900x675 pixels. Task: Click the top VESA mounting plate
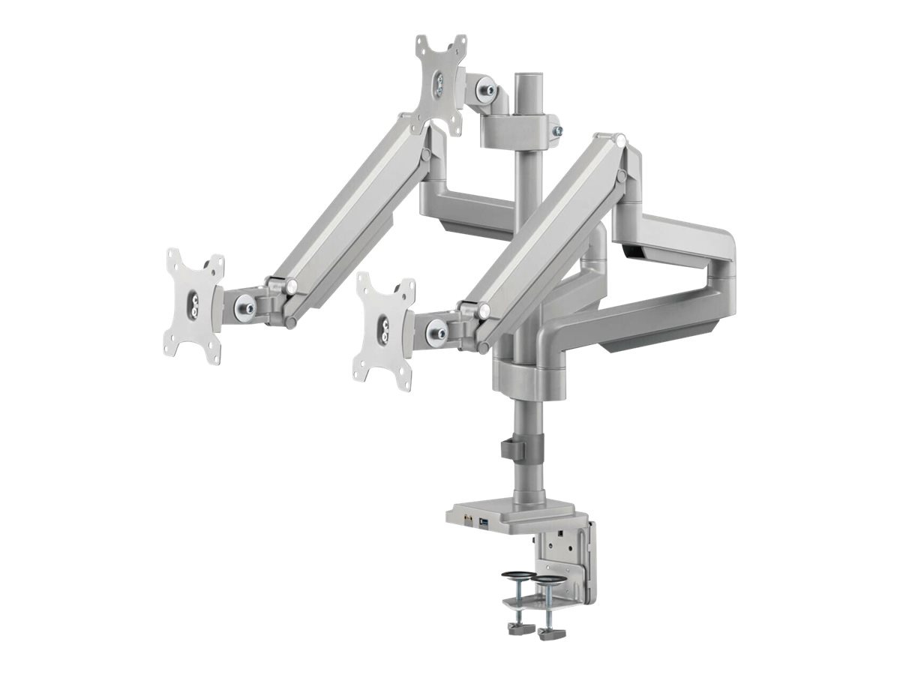pos(440,83)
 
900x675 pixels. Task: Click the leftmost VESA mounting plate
pos(193,307)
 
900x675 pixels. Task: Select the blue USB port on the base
pos(483,520)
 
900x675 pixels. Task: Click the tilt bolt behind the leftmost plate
pos(244,305)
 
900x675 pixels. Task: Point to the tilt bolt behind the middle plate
pos(435,330)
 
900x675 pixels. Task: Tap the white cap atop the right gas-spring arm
pos(620,139)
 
